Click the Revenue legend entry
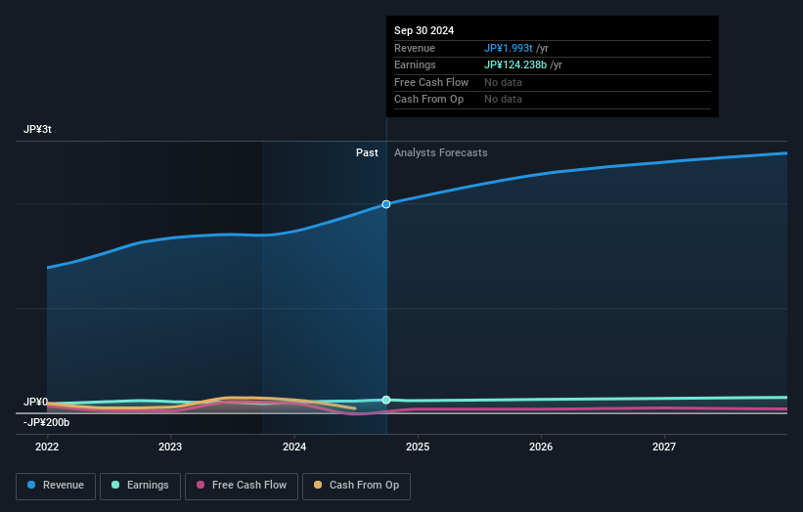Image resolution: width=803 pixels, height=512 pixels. click(x=56, y=485)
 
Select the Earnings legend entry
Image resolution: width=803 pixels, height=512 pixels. click(x=140, y=485)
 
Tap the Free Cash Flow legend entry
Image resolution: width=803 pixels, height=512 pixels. click(x=242, y=485)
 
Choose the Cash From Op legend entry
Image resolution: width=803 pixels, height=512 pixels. click(x=356, y=485)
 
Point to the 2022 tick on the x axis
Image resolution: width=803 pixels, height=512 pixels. click(x=47, y=447)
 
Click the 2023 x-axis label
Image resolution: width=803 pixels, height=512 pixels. click(x=170, y=447)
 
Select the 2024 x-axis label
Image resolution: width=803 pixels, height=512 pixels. click(x=293, y=447)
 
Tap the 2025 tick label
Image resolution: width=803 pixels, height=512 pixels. click(x=418, y=447)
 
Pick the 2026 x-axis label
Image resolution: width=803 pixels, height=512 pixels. click(x=541, y=447)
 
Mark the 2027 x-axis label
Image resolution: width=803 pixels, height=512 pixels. click(x=664, y=447)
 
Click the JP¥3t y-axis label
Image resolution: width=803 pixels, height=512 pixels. click(x=38, y=129)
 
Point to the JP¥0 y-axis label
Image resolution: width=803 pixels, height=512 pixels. click(x=36, y=402)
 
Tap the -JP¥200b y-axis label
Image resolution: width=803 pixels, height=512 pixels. click(x=46, y=422)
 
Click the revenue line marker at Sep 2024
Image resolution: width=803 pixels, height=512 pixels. click(x=386, y=204)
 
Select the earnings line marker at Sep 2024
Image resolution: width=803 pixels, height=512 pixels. click(x=386, y=400)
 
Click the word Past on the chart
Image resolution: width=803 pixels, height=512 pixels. click(x=367, y=152)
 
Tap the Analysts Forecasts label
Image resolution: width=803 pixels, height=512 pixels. click(x=440, y=152)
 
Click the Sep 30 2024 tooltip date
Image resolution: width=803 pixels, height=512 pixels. click(x=424, y=30)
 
